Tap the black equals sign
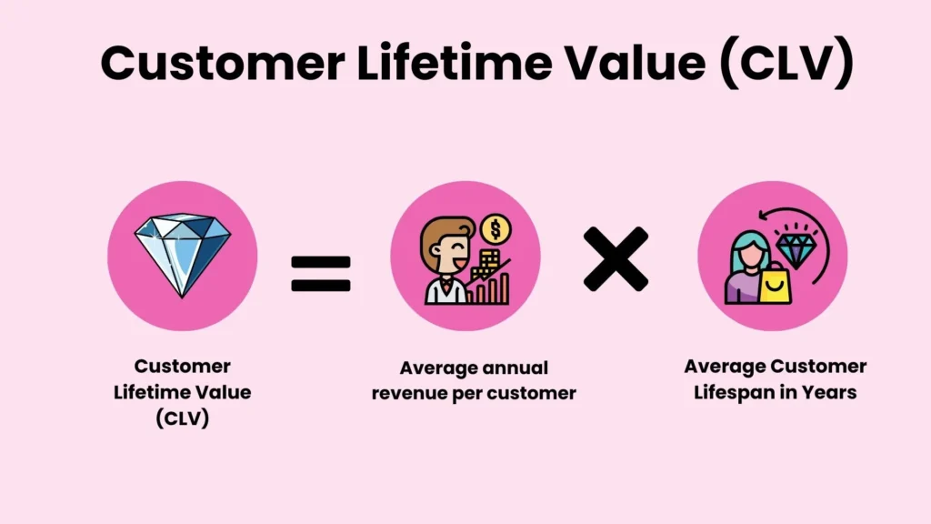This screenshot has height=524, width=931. click(320, 274)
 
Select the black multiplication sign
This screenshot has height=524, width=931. click(616, 258)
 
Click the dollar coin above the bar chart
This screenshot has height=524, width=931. click(496, 228)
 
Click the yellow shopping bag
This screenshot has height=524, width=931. click(775, 287)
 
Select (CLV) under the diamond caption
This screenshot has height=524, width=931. click(182, 419)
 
